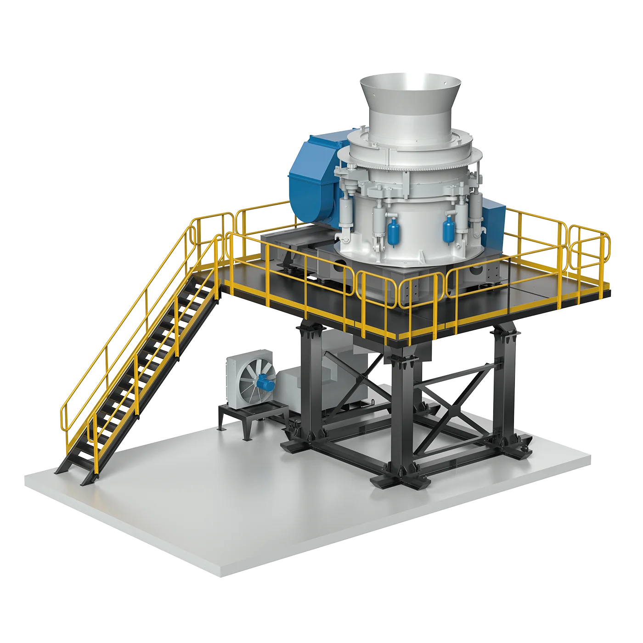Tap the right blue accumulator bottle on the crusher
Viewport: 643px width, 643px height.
[x=448, y=230]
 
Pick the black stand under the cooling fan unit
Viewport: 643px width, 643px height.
[x=248, y=416]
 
